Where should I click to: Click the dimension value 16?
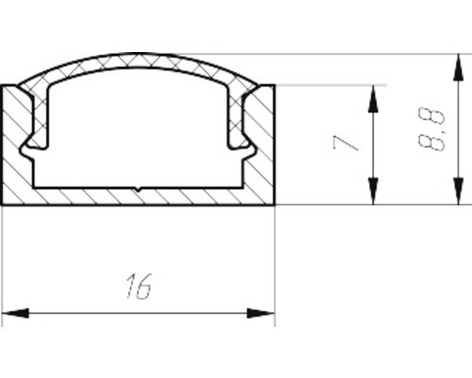click(x=138, y=286)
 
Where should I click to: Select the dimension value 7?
click(x=346, y=144)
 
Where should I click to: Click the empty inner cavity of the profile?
click(x=139, y=132)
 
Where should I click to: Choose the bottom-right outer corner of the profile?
click(x=274, y=205)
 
